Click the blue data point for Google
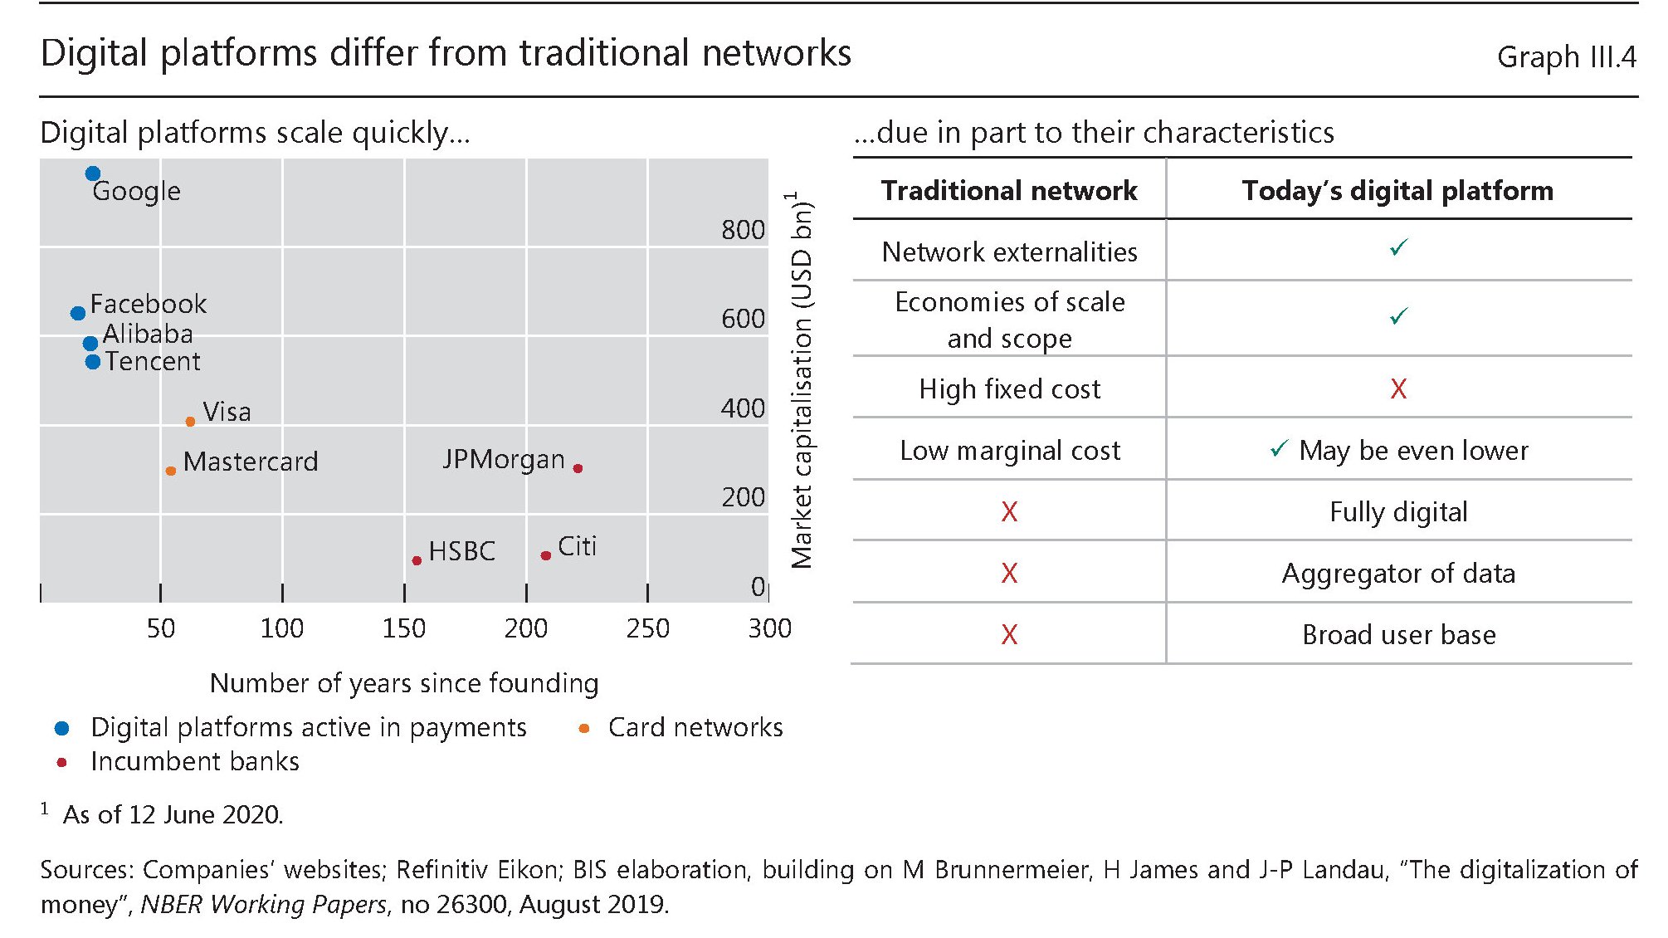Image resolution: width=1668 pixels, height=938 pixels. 93,173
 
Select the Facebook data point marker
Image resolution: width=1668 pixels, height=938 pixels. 78,313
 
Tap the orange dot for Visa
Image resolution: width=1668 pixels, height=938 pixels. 190,422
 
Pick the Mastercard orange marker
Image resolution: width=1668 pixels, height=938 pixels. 171,471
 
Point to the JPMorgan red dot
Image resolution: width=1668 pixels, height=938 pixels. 578,468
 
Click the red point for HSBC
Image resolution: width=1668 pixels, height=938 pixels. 417,560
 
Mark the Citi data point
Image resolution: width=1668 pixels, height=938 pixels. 545,555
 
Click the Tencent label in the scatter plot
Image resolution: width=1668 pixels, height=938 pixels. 153,362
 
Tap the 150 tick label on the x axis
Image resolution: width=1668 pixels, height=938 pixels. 403,628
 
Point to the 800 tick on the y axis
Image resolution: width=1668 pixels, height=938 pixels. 743,230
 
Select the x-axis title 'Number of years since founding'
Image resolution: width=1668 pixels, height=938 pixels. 404,683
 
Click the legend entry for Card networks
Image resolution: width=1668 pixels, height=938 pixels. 695,728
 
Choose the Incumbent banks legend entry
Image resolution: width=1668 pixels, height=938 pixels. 194,762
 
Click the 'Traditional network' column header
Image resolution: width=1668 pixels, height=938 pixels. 1009,191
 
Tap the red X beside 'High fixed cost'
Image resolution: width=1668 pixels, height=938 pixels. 1398,388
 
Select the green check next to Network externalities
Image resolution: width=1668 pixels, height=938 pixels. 1398,247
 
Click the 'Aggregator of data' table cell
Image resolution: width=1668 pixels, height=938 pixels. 1398,574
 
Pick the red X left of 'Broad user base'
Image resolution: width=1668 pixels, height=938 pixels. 1009,635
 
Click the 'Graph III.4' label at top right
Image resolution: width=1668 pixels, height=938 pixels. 1566,57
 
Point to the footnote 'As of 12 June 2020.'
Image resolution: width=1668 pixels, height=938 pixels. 173,815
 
